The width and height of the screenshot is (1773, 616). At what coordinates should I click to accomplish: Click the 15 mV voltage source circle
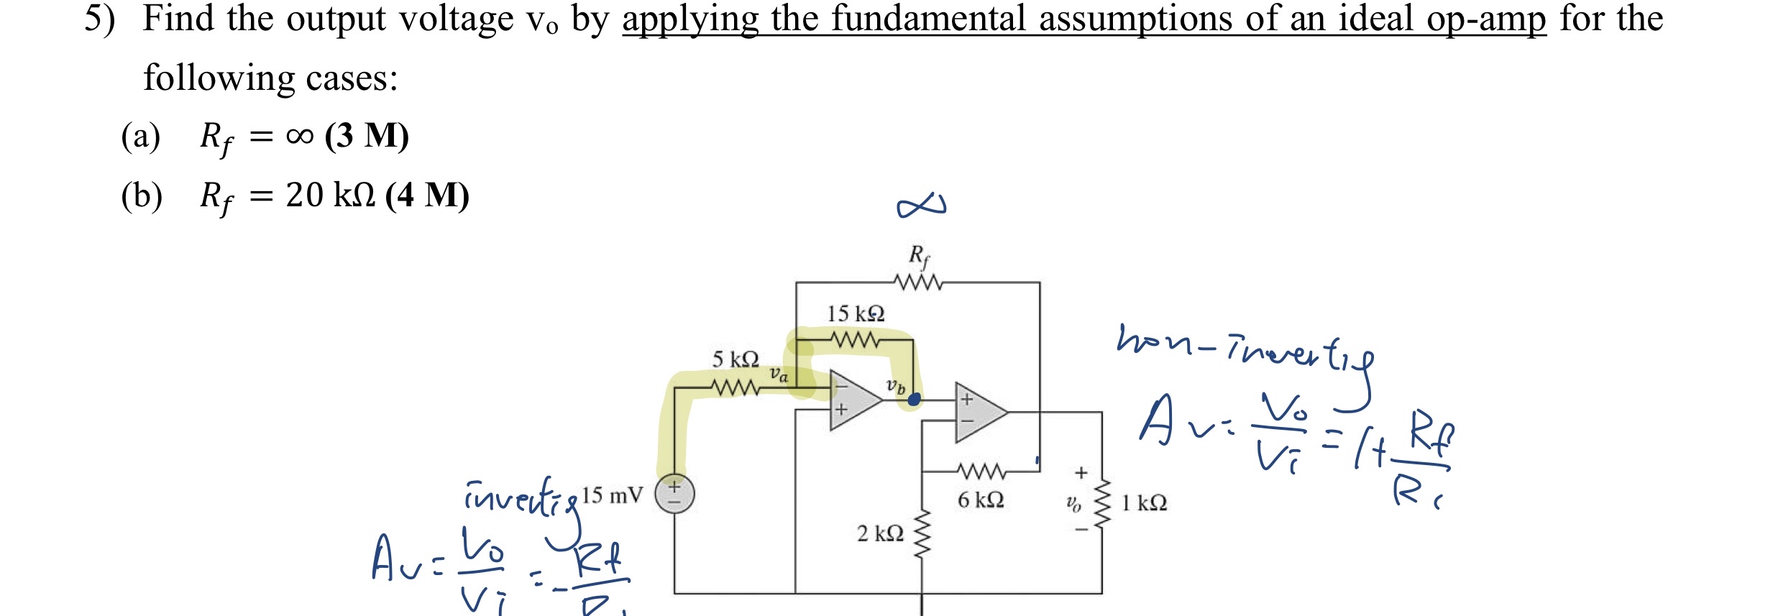tap(674, 495)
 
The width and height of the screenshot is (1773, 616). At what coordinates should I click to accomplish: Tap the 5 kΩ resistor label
tap(735, 359)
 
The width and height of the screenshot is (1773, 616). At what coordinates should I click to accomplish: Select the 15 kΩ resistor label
tap(855, 314)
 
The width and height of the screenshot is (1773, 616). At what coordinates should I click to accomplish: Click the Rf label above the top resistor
tap(918, 255)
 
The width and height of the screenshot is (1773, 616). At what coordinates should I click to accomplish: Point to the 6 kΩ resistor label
tap(980, 500)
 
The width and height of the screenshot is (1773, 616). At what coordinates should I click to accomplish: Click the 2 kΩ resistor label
tap(879, 533)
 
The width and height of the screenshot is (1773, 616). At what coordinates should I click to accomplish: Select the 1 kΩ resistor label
tap(1144, 503)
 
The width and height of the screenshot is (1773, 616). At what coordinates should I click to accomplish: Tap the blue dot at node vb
tap(914, 400)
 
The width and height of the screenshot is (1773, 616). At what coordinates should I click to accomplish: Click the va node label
tap(779, 374)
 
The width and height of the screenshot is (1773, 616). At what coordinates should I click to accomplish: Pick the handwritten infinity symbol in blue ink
tap(921, 206)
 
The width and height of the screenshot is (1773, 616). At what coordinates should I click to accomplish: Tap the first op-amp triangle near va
tap(853, 400)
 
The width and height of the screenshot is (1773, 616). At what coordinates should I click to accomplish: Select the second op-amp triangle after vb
tap(979, 413)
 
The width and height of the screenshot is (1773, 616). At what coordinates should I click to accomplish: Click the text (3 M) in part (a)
tap(367, 135)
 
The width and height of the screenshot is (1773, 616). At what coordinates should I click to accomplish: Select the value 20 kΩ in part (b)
tap(330, 195)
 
